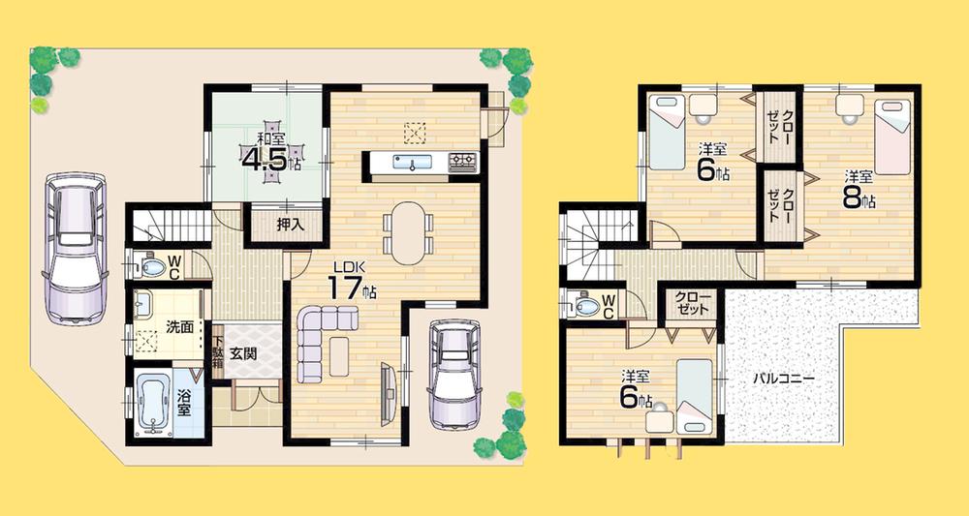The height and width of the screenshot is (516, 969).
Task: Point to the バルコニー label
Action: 783,379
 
